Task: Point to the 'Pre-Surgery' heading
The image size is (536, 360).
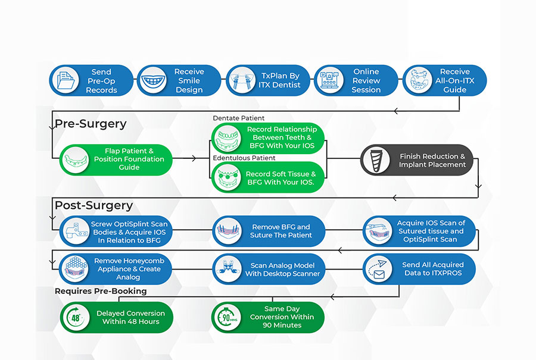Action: pos(91,124)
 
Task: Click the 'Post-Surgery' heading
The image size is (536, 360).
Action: pos(94,205)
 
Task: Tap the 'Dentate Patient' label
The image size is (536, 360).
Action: pos(239,118)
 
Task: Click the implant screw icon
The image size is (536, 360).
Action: pos(376,160)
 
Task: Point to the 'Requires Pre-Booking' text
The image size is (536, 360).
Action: pos(101,292)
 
